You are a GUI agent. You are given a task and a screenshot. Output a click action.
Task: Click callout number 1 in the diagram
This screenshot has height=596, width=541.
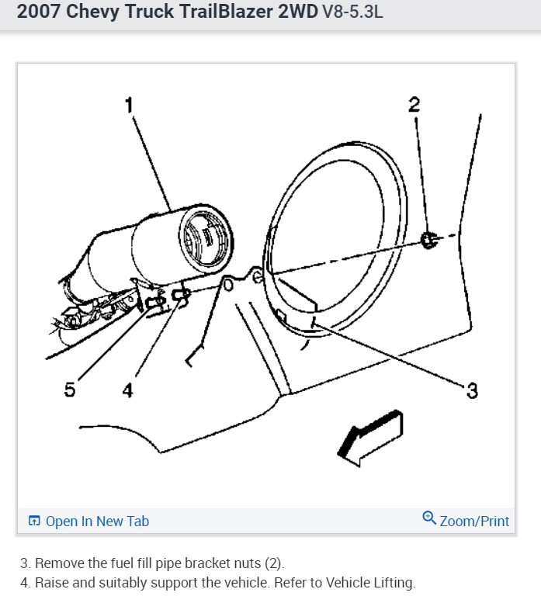(129, 105)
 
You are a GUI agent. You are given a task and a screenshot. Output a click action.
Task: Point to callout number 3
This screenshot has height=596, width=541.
(472, 390)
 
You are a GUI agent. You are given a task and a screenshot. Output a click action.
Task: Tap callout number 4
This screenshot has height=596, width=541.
(127, 390)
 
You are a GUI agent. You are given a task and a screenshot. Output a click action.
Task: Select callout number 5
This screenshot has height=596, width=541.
(70, 390)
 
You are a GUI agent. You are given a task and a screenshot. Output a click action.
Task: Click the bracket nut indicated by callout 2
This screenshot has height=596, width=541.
(428, 241)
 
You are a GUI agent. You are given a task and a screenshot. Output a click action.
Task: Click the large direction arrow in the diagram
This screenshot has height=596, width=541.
(370, 438)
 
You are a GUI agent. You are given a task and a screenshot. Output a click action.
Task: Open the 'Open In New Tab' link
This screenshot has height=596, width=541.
(97, 521)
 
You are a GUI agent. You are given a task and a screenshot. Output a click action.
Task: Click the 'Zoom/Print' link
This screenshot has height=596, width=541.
(474, 521)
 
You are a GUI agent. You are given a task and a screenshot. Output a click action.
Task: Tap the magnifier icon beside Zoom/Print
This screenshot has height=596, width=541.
(429, 518)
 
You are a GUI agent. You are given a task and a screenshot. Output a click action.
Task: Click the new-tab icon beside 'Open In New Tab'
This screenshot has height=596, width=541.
(34, 521)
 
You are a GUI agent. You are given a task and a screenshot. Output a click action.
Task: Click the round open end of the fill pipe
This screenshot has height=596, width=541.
(205, 238)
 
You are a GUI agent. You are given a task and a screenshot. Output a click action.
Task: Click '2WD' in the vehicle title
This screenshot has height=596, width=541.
(288, 13)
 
